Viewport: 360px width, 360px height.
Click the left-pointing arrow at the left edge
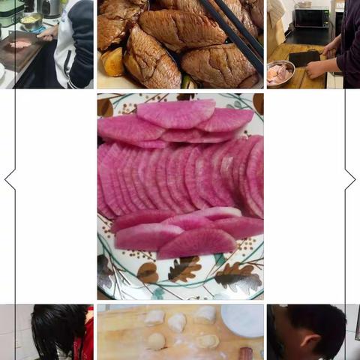click(x=10, y=178)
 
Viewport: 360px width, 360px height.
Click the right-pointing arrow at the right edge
click(x=349, y=178)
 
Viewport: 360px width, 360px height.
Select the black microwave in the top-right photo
click(x=311, y=16)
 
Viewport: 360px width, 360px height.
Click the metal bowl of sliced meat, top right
click(x=280, y=73)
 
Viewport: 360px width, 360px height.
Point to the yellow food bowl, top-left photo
click(x=31, y=20)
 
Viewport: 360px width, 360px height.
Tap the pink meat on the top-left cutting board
click(x=20, y=45)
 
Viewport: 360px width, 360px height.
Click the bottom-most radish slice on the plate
click(x=196, y=242)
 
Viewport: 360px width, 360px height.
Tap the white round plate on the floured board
click(x=241, y=320)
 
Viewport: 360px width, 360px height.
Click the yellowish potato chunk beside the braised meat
click(x=113, y=62)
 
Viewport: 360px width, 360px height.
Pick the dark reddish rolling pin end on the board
click(x=245, y=352)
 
